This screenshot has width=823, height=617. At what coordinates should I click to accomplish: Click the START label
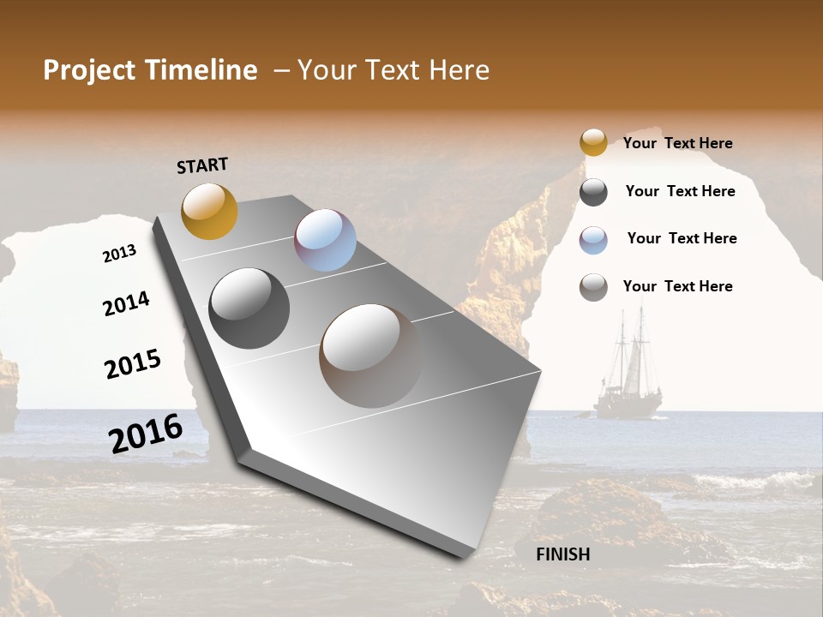(202, 165)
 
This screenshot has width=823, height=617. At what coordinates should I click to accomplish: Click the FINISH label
(563, 554)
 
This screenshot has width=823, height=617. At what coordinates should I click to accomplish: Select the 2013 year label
(119, 254)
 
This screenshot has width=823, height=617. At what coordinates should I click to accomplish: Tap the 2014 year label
(126, 303)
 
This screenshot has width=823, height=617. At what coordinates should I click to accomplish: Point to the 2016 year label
(146, 434)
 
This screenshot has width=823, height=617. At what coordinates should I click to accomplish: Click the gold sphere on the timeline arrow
(209, 211)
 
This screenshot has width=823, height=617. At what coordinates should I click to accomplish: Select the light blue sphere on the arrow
(325, 240)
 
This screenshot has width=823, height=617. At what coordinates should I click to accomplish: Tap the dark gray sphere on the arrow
(249, 308)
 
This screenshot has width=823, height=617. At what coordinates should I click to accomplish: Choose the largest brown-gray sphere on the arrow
(370, 356)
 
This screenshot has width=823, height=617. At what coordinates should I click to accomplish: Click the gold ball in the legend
(593, 142)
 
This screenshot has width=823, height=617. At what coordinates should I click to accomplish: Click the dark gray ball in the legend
(593, 192)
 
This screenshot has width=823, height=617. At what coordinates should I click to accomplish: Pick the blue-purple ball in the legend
(593, 240)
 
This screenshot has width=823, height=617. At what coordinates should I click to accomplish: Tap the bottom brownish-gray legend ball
(593, 287)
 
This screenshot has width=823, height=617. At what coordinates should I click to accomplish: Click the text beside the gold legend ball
(677, 143)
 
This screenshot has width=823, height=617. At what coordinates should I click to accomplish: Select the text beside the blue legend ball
(682, 238)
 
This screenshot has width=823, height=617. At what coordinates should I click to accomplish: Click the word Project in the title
(88, 70)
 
